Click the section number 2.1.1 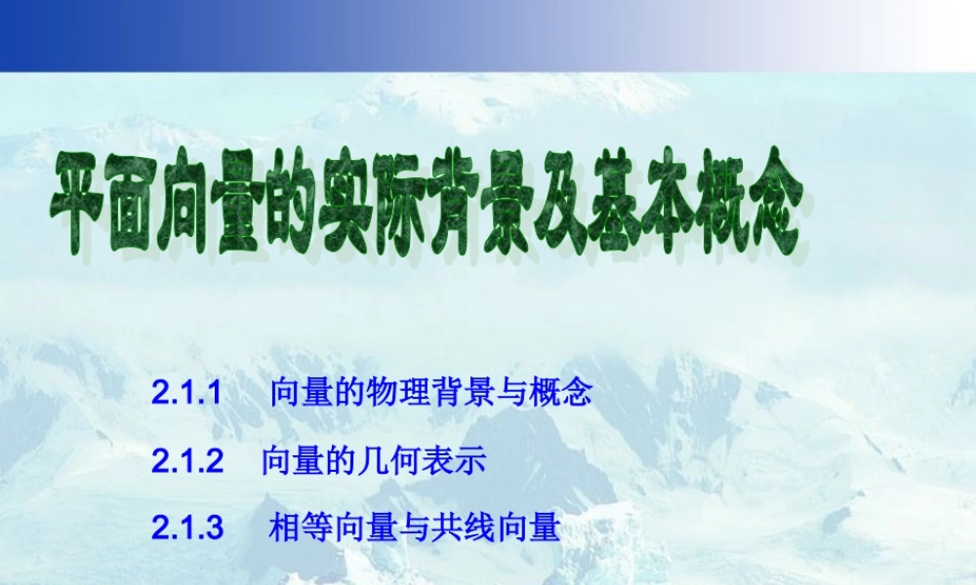pos(187,395)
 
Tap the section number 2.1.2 pos(187,461)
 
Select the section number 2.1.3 pos(187,528)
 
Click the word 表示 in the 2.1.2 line pos(451,461)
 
